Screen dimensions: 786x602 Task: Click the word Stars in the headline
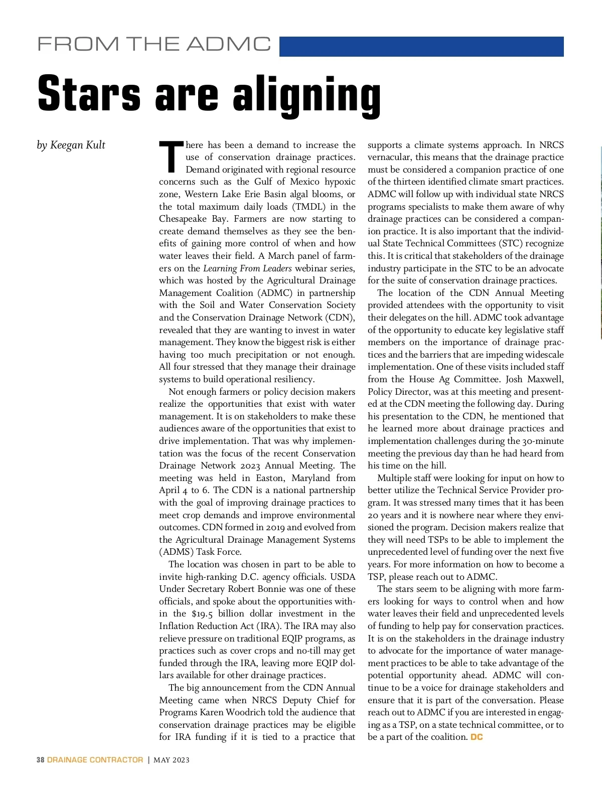point(89,94)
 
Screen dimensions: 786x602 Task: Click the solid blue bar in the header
point(421,47)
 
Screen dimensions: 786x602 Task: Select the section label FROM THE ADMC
point(154,44)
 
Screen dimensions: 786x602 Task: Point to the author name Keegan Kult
point(78,145)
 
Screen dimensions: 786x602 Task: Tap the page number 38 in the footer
point(40,760)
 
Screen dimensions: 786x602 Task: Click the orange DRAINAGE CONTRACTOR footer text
point(95,760)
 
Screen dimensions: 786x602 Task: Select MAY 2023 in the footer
point(172,760)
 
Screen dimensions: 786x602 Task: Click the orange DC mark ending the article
point(477,737)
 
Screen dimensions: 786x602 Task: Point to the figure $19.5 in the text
point(204,614)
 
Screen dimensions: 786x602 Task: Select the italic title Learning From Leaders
point(247,268)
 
